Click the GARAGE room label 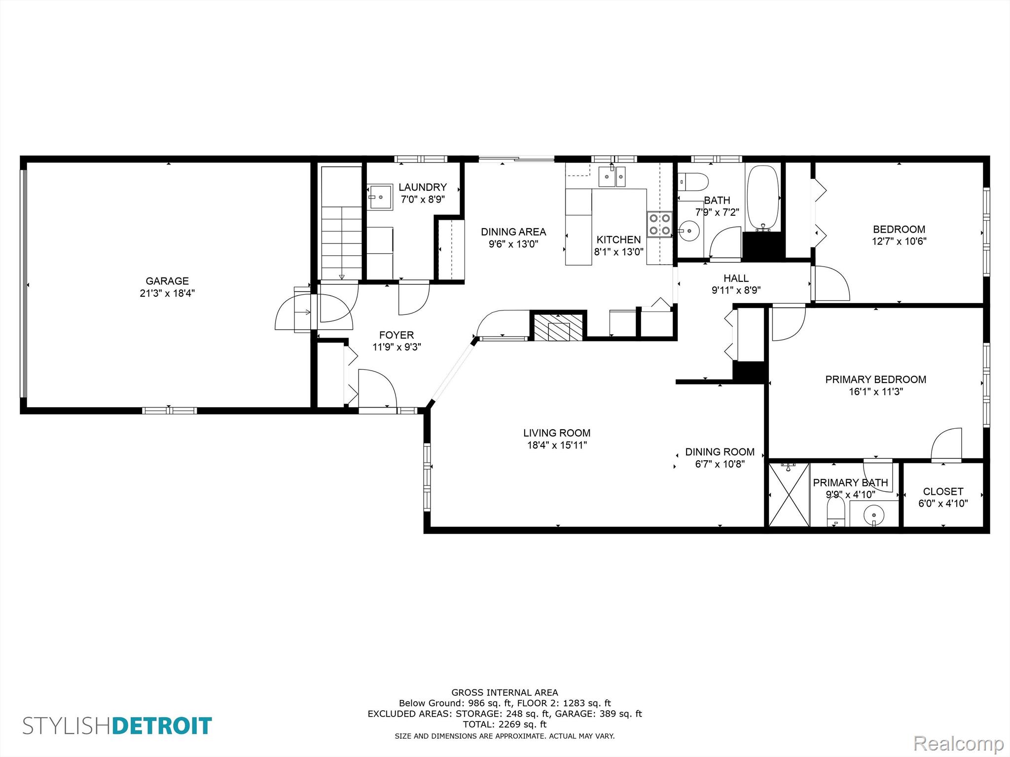pyautogui.click(x=167, y=281)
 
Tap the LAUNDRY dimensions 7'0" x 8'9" pyautogui.click(x=423, y=200)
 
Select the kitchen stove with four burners pyautogui.click(x=659, y=224)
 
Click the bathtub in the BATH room pyautogui.click(x=763, y=198)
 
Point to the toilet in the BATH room pyautogui.click(x=693, y=181)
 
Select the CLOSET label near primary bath pyautogui.click(x=943, y=491)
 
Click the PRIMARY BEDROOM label pyautogui.click(x=875, y=379)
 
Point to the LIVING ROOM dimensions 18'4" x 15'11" pyautogui.click(x=557, y=446)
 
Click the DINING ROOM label pyautogui.click(x=720, y=452)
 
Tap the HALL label pyautogui.click(x=736, y=278)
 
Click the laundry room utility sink pyautogui.click(x=380, y=197)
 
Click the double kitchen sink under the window pyautogui.click(x=612, y=176)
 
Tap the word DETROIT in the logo pyautogui.click(x=162, y=726)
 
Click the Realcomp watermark pyautogui.click(x=958, y=743)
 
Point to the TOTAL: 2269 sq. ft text pyautogui.click(x=505, y=724)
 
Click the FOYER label pyautogui.click(x=397, y=335)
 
